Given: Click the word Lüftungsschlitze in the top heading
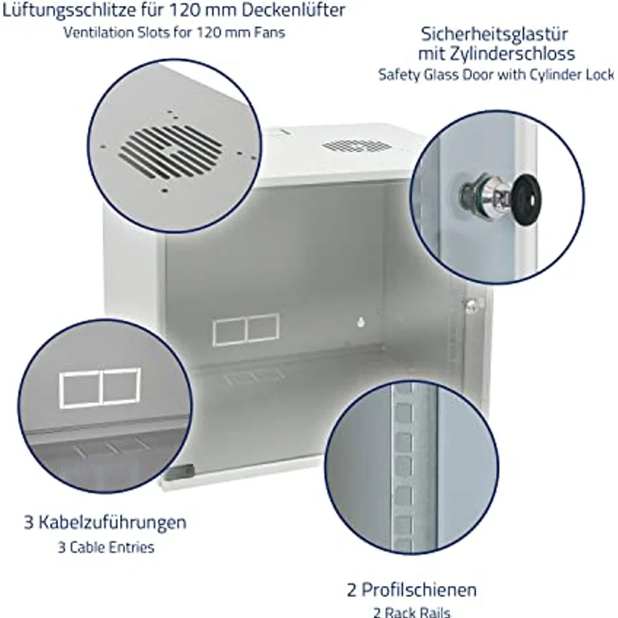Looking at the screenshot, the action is [70, 10].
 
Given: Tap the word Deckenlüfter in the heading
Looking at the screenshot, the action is [293, 9].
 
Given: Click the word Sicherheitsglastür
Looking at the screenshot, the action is [495, 34].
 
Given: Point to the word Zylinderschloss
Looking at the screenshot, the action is [512, 54].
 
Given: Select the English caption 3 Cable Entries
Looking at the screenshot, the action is [106, 547].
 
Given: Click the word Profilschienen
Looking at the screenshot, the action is [419, 590].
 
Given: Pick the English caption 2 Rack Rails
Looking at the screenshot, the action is [411, 612].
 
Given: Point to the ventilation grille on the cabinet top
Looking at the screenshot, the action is [357, 146].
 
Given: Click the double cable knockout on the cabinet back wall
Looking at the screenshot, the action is [246, 330].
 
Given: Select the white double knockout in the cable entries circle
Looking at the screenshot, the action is [100, 388].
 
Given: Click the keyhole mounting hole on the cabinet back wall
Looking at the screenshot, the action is [360, 322].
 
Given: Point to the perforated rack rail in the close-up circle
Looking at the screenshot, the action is [403, 469].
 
